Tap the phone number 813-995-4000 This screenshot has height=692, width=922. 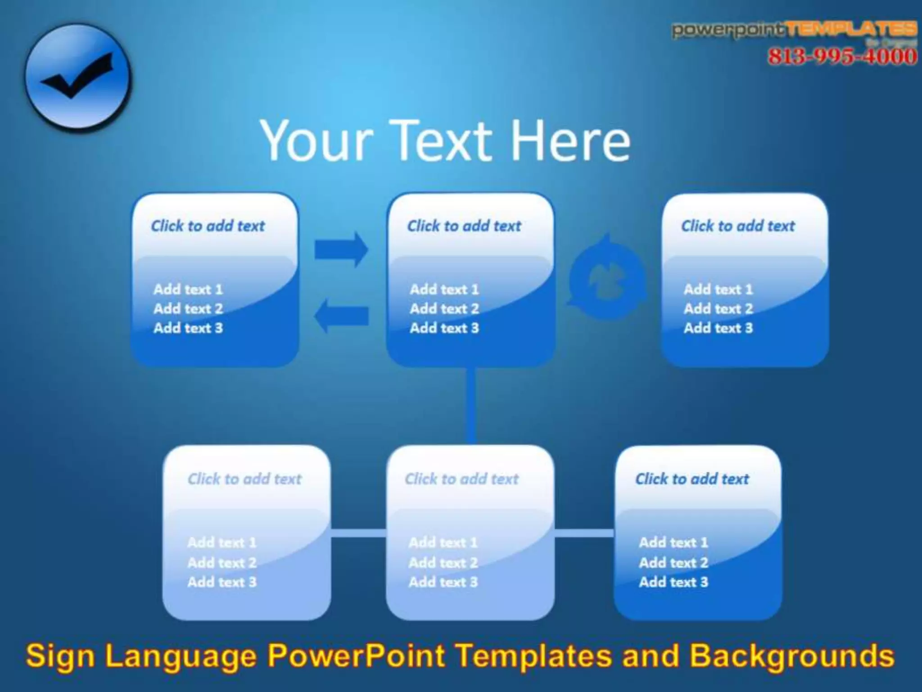pyautogui.click(x=842, y=57)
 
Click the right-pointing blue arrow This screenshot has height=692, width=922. pyautogui.click(x=341, y=249)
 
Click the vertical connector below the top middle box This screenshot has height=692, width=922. pyautogui.click(x=471, y=405)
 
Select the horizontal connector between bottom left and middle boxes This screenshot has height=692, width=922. pyautogui.click(x=358, y=533)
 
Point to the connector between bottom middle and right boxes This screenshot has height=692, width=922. pyautogui.click(x=584, y=533)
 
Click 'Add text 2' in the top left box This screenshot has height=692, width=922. pyautogui.click(x=188, y=309)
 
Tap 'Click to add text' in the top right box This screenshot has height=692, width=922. pyautogui.click(x=737, y=226)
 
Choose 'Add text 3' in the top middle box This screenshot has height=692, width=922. pyautogui.click(x=444, y=328)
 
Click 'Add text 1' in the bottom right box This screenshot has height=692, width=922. pyautogui.click(x=673, y=543)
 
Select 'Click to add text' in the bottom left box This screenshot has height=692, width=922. pyautogui.click(x=244, y=479)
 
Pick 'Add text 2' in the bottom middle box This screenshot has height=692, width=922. pyautogui.click(x=443, y=562)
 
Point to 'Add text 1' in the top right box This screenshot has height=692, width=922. pyautogui.click(x=718, y=289)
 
